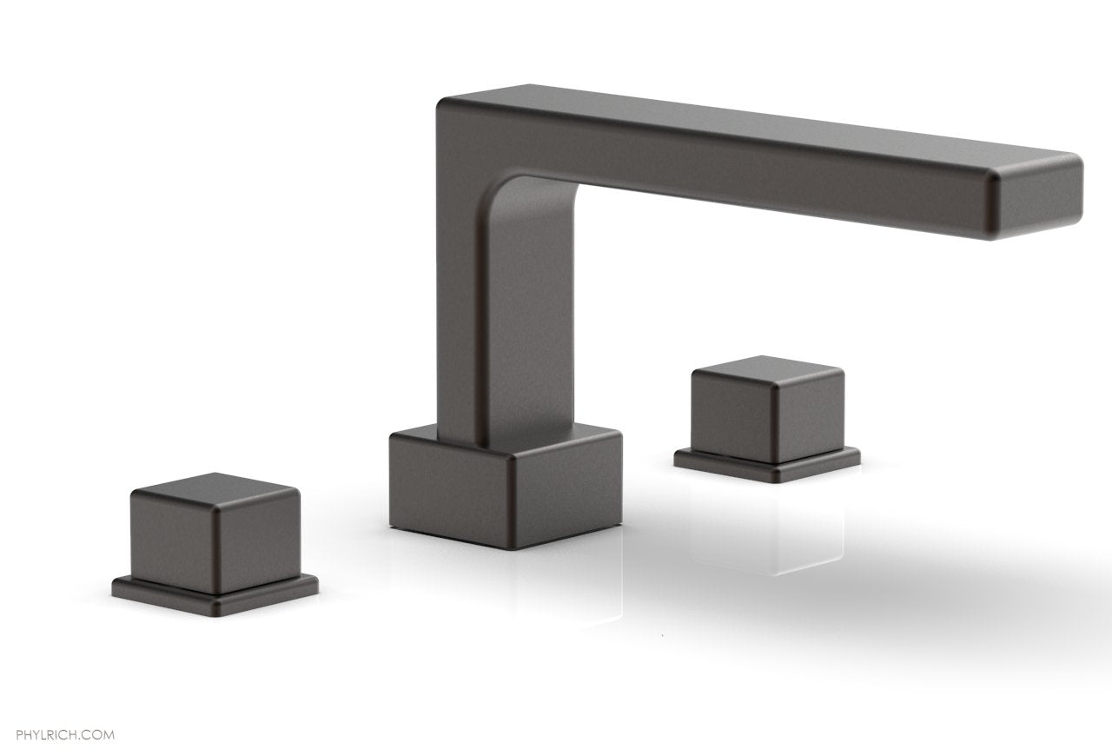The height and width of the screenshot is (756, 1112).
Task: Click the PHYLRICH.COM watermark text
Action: coord(57,711)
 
